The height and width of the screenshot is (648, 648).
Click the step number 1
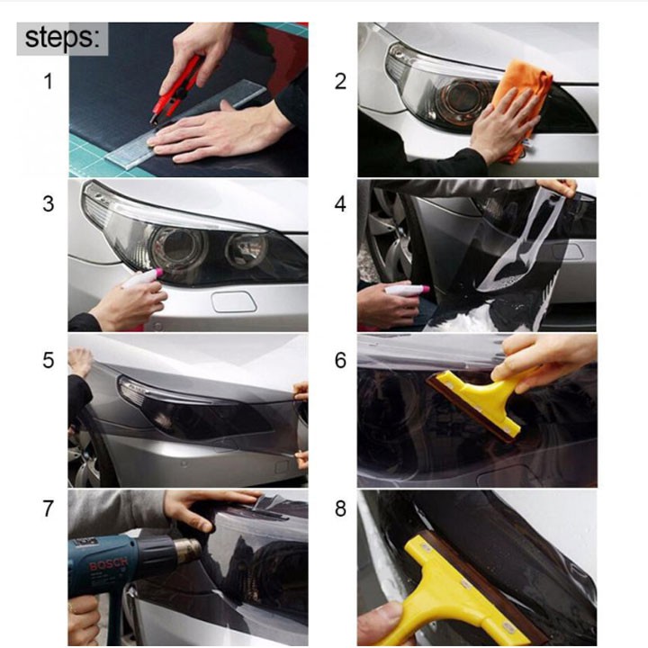click(x=48, y=82)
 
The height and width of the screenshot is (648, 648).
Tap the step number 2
click(x=340, y=82)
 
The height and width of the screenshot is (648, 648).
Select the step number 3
click(x=48, y=203)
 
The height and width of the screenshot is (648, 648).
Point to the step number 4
click(x=340, y=203)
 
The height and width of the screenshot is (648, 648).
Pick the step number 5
click(x=48, y=361)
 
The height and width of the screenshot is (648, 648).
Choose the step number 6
click(x=340, y=361)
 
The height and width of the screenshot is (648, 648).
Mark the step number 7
click(x=48, y=509)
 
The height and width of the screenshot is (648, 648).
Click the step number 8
click(x=340, y=509)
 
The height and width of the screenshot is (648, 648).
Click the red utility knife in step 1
click(x=176, y=89)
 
